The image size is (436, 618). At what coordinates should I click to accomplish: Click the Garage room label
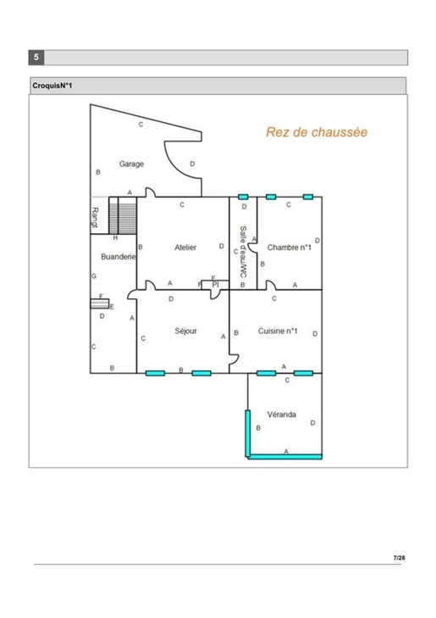[131, 164]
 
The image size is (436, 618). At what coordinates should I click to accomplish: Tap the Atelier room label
[185, 248]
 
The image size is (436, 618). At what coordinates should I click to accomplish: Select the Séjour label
[185, 331]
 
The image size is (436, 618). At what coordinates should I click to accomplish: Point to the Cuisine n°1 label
[278, 331]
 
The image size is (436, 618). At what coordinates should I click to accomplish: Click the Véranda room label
[281, 415]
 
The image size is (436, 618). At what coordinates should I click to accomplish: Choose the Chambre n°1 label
[290, 248]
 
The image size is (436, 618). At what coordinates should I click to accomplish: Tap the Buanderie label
[118, 257]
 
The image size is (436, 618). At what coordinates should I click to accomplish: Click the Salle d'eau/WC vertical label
[243, 252]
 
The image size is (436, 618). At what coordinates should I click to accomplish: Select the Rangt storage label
[95, 218]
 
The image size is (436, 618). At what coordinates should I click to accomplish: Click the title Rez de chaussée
[317, 131]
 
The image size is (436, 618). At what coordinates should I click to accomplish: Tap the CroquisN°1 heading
[52, 86]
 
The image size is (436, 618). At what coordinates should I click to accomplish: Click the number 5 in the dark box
[36, 57]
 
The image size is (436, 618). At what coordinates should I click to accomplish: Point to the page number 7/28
[399, 558]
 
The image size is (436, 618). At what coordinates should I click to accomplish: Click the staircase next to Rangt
[123, 215]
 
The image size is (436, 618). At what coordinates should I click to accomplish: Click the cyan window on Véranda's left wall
[248, 433]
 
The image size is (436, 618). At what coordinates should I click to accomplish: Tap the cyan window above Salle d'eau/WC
[243, 197]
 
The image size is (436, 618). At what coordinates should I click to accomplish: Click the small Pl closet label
[215, 285]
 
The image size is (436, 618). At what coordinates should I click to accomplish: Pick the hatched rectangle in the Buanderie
[100, 303]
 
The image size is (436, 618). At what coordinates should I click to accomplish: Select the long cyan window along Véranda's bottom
[285, 457]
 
